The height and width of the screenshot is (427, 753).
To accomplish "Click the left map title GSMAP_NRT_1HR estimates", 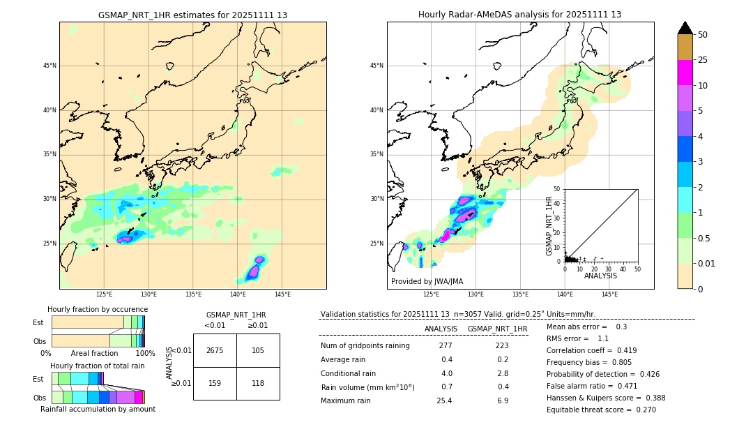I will [192, 15].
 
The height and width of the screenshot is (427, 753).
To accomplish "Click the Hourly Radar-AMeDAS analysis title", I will [519, 15].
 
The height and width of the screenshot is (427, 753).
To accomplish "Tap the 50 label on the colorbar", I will [703, 35].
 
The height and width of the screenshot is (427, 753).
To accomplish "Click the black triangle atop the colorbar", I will [685, 28].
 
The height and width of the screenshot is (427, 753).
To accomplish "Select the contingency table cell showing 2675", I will [215, 350].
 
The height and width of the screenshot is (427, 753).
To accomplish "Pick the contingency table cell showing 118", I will [258, 383].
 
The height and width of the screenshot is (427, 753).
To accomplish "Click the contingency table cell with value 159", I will [215, 383].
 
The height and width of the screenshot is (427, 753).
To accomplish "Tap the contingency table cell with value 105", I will [258, 350].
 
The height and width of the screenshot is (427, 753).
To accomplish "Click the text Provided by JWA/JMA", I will [427, 281].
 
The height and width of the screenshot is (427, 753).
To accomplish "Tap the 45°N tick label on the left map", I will [50, 66].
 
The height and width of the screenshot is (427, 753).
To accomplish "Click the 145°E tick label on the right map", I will [609, 294].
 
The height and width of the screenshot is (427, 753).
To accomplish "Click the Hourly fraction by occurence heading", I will [98, 309].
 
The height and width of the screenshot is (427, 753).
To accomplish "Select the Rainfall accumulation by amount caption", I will [98, 409].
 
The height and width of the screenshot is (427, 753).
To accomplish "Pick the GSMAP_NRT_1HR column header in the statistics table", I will [497, 329].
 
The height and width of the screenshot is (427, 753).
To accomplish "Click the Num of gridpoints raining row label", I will [365, 346].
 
